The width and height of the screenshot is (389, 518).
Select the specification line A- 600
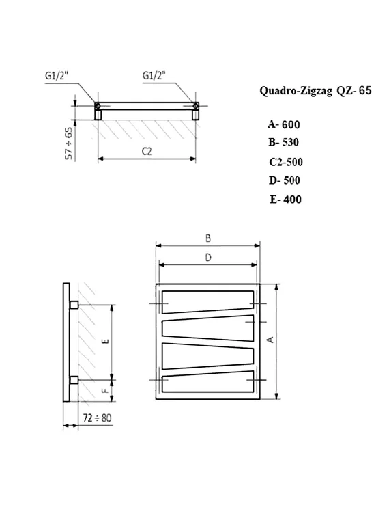pyautogui.click(x=283, y=124)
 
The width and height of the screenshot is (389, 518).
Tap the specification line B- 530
pyautogui.click(x=284, y=142)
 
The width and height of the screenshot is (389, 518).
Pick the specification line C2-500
pyautogui.click(x=286, y=162)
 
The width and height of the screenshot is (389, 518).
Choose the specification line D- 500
pyautogui.click(x=285, y=180)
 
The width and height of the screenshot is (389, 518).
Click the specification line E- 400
pyautogui.click(x=285, y=200)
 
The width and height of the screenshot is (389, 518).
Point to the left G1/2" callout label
pyautogui.click(x=57, y=76)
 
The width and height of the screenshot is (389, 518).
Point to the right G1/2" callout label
pyautogui.click(x=154, y=76)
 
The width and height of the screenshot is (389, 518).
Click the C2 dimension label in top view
pyautogui.click(x=146, y=152)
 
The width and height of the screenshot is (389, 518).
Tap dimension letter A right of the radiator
pyautogui.click(x=270, y=340)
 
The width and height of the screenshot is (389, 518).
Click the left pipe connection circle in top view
pyautogui.click(x=98, y=106)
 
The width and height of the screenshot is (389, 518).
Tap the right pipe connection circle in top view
pyautogui.click(x=196, y=106)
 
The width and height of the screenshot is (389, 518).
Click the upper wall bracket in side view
pyautogui.click(x=74, y=303)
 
